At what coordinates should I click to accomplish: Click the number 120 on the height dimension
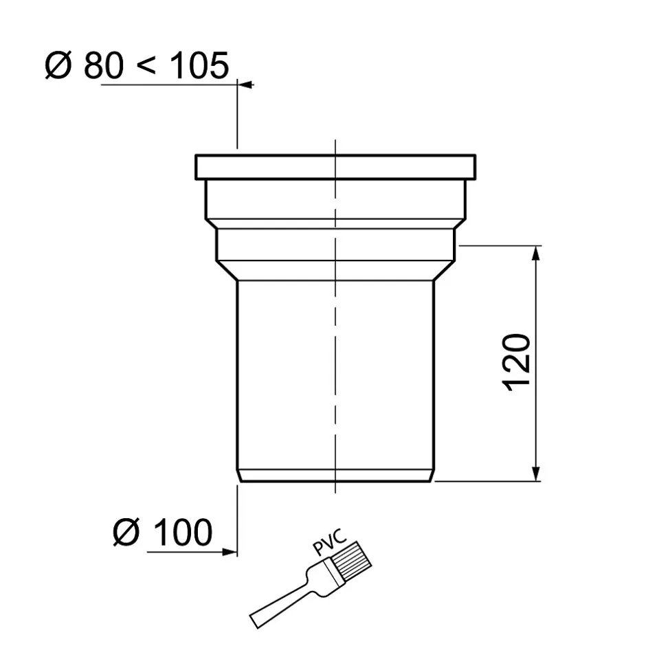pos(517,362)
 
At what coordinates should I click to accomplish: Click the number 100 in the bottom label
pos(181,533)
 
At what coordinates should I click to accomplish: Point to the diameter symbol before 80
pos(59,67)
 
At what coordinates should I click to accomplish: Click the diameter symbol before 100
pos(126,533)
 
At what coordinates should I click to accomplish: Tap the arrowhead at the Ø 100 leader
pos(232,551)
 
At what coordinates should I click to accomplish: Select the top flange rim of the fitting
pos(335,167)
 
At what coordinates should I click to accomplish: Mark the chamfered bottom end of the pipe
pos(335,475)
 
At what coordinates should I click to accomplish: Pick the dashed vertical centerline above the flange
pos(335,146)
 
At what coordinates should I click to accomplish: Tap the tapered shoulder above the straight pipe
pos(335,270)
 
